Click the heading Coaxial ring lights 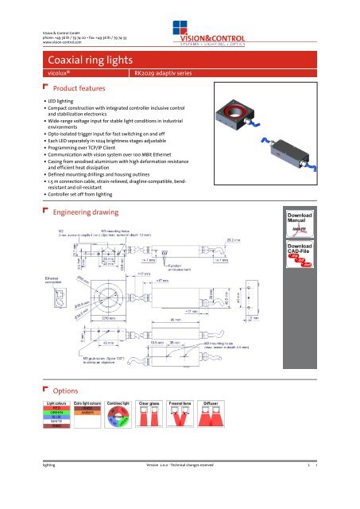[x=84, y=60]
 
